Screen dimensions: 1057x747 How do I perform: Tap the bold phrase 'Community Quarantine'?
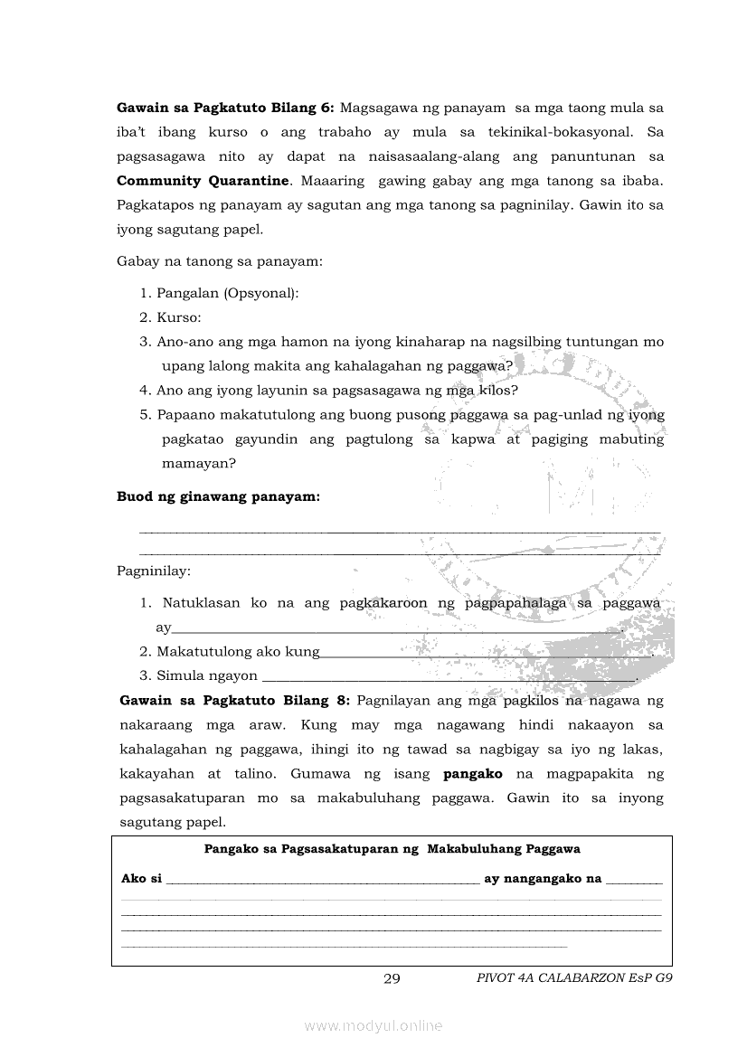click(203, 181)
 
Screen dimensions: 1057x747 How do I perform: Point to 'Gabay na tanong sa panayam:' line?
click(220, 262)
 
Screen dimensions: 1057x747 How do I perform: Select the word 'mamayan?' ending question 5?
click(199, 464)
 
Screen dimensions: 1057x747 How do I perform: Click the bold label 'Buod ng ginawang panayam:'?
click(218, 497)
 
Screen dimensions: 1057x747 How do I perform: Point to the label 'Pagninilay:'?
click(154, 571)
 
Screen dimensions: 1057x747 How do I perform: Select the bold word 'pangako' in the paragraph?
click(473, 774)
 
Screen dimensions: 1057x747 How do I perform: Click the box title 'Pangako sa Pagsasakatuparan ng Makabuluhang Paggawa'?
click(392, 849)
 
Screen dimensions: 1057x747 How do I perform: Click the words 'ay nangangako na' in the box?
click(543, 878)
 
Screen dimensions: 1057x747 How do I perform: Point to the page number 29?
click(392, 978)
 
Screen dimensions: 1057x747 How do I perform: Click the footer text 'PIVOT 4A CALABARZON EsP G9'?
click(575, 978)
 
